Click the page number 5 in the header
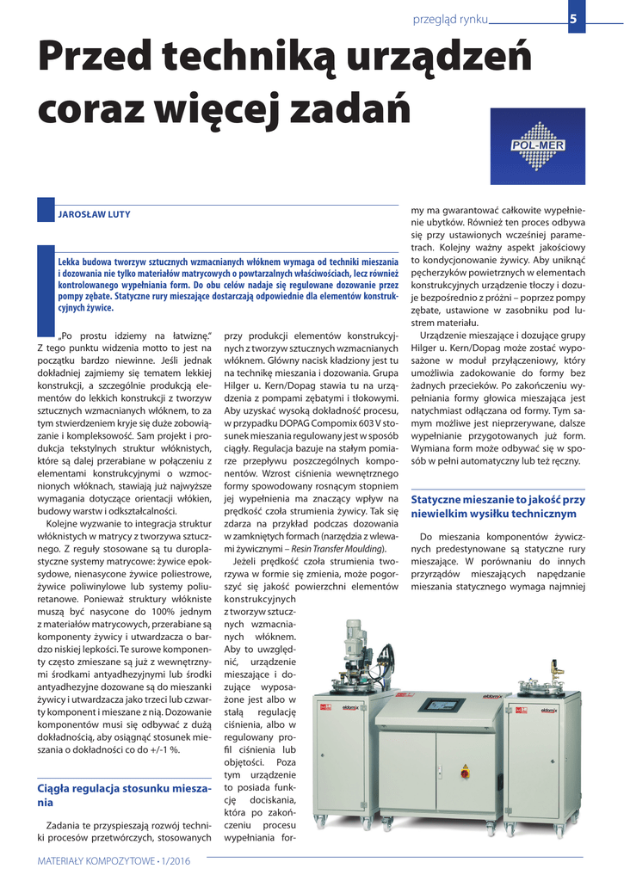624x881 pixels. (x=572, y=19)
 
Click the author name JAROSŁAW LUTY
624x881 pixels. (x=94, y=214)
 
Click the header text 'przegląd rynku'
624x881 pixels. (x=450, y=19)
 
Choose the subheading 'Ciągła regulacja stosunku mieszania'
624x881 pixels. (x=124, y=795)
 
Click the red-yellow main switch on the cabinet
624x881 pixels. (x=466, y=769)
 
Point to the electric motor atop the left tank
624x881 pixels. (x=355, y=639)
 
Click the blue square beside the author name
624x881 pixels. (x=46, y=211)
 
